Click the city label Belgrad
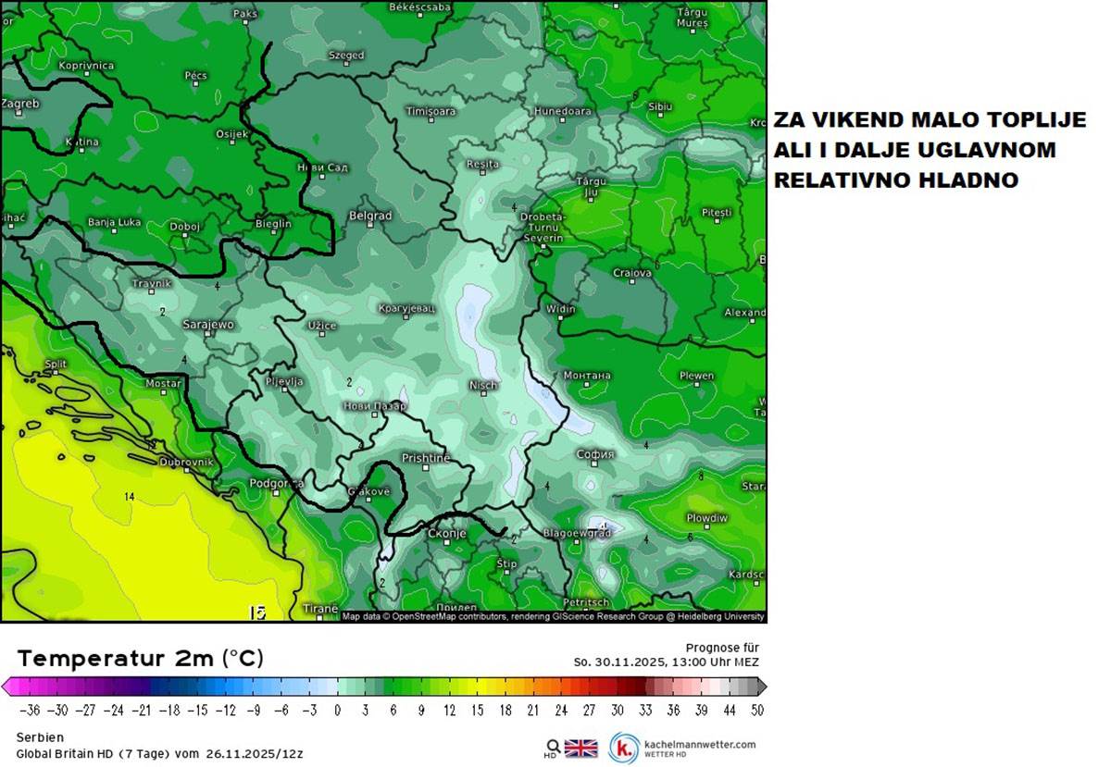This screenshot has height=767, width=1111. pos(370,216)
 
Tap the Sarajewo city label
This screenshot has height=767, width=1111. pos(208,325)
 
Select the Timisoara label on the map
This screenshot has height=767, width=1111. pos(431,112)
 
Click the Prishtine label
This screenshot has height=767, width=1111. pos(426,458)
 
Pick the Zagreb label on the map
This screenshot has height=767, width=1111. pos(20,104)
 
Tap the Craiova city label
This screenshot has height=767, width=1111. pos(632,273)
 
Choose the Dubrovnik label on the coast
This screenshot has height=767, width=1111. pos(186,462)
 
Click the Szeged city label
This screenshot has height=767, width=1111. pos(346,56)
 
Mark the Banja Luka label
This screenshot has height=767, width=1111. pos(114,222)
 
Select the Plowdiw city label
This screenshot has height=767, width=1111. pos(707,518)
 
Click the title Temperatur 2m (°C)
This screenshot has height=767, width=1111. pos(140,659)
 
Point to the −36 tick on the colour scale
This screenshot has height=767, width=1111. pos(30,711)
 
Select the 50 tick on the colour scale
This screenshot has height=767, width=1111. pos(756,711)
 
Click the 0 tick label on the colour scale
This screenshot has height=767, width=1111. pos(337,711)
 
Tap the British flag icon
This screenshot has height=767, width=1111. pos(580,748)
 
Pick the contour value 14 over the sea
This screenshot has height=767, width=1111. pos(130,497)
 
